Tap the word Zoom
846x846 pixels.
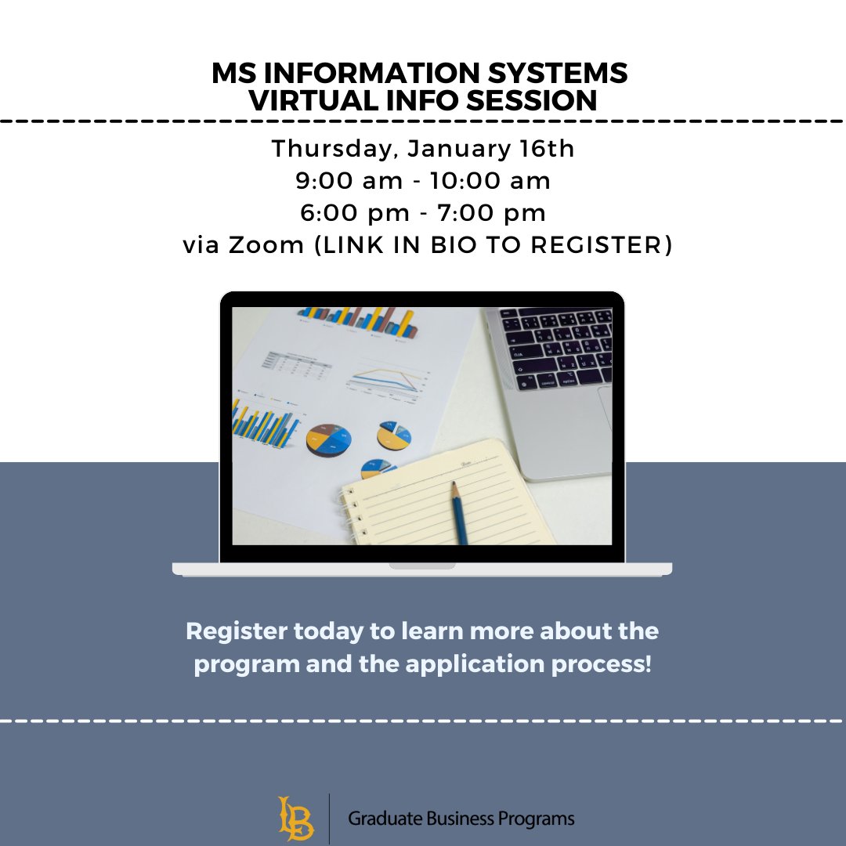[266, 245]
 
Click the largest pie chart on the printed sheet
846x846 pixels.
[329, 439]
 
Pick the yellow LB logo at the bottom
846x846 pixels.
[295, 819]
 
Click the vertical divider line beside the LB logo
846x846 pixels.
[329, 819]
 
